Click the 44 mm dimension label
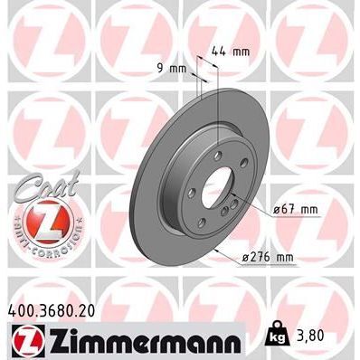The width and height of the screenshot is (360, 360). pos(234,52)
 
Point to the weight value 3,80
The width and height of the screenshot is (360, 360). pos(324,334)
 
